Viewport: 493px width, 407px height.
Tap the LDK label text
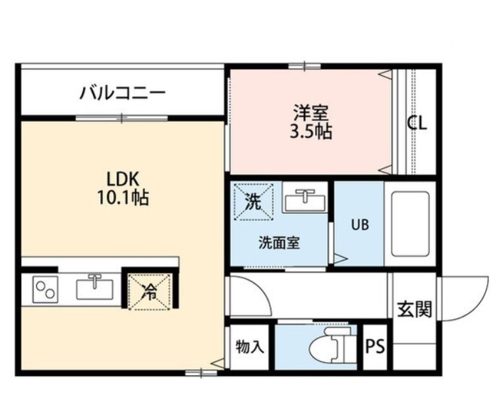coord(123,179)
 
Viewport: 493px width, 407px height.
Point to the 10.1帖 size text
coord(123,197)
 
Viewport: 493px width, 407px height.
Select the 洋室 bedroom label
coord(311,113)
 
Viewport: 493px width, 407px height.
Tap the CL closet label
coord(417,123)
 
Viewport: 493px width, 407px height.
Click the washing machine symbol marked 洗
coord(253,201)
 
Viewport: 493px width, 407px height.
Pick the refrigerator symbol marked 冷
coord(150,292)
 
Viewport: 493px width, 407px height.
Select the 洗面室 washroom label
coord(279,243)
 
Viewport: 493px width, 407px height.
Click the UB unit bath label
coord(360,224)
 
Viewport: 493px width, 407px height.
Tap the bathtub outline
coord(411,224)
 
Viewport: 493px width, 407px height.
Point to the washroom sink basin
coord(305,200)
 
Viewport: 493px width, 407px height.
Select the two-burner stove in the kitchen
coord(45,290)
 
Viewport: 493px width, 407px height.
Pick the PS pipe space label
coord(375,346)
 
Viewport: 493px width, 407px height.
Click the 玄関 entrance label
coord(415,309)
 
